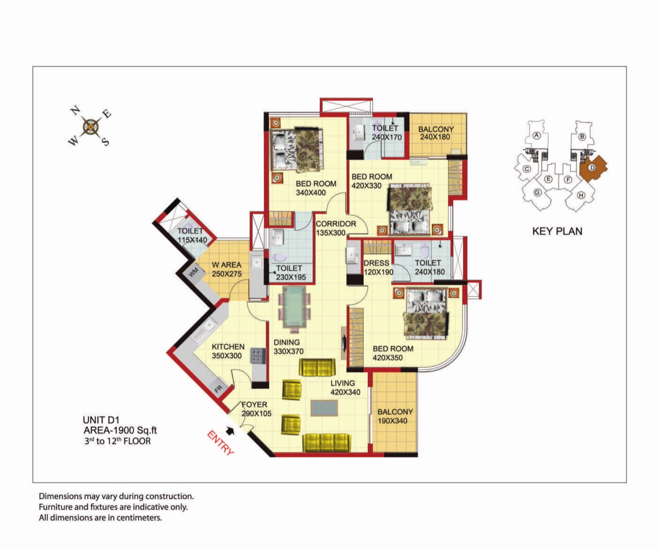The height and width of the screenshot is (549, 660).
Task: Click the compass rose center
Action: pos(91,127)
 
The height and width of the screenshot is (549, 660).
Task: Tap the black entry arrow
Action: pos(230,431)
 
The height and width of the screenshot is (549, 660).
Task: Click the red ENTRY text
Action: pos(221,443)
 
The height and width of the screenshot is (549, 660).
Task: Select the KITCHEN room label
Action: pos(228,347)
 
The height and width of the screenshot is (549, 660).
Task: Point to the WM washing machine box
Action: pos(193,272)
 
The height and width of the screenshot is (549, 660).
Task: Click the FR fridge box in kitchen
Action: pos(219,389)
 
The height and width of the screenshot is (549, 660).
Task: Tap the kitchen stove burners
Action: pos(258,356)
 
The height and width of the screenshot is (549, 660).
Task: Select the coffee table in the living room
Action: pos(324,408)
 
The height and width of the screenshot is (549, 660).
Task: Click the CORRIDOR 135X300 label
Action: pos(335,229)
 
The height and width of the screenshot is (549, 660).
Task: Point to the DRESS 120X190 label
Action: pos(378,268)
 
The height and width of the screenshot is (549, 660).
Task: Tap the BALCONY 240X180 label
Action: pos(436,133)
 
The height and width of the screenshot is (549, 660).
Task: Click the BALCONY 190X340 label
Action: pos(395,416)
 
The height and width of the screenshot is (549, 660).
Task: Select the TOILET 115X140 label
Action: pos(192,235)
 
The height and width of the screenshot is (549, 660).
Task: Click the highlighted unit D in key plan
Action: pos(593,168)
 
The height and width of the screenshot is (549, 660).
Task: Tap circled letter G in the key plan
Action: pos(537,192)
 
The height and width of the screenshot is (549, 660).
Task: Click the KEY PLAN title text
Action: pos(557,231)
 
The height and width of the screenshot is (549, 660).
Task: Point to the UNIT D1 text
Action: pos(101,420)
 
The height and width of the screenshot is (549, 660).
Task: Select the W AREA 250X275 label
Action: pos(227,269)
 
